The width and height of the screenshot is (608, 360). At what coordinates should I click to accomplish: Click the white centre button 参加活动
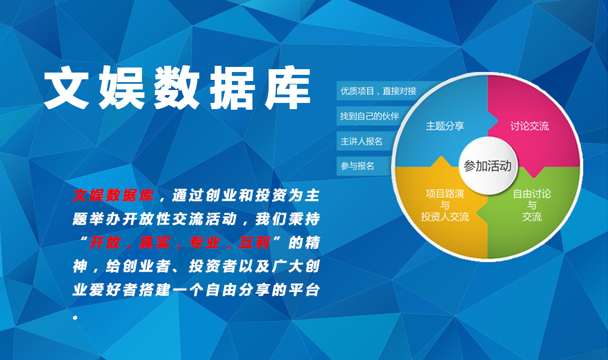(x=488, y=166)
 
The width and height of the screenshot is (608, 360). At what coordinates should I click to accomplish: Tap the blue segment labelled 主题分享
(x=442, y=124)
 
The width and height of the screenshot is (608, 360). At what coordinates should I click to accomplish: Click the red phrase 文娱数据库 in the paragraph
(x=113, y=195)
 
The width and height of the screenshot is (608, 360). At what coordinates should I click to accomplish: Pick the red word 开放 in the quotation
(x=105, y=242)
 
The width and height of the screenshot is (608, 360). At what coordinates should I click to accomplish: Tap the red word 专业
(x=205, y=242)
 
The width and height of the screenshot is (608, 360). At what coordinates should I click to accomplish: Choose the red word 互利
(x=254, y=242)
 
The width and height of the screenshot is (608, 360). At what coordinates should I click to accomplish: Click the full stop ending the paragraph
(x=75, y=317)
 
